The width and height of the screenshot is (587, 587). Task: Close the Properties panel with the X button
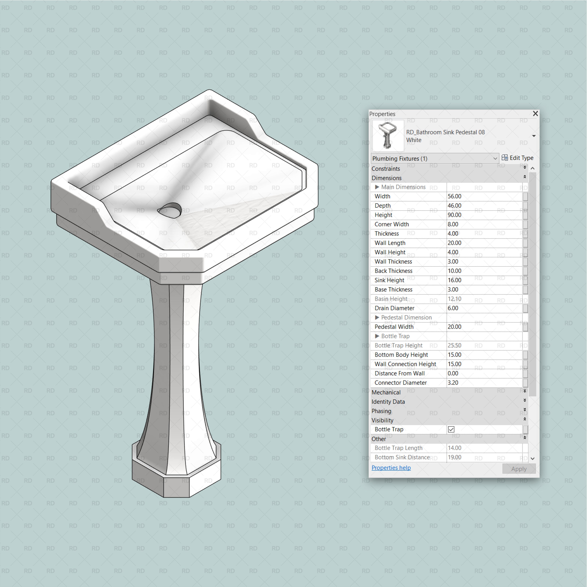pyautogui.click(x=535, y=114)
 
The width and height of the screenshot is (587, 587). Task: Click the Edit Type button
pyautogui.click(x=517, y=158)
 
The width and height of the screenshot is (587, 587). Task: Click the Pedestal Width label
pyautogui.click(x=394, y=327)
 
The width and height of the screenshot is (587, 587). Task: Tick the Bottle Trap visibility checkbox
pyautogui.click(x=451, y=429)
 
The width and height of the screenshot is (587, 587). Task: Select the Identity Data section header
pyautogui.click(x=388, y=402)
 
